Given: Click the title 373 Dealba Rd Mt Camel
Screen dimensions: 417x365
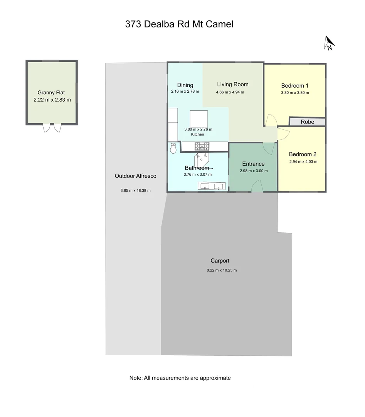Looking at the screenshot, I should coord(179,24).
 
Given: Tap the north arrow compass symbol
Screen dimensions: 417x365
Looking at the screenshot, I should coord(329,43).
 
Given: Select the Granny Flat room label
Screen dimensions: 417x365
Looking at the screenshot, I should coord(51,92).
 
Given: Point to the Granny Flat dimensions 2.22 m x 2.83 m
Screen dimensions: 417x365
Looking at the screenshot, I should coord(52,100).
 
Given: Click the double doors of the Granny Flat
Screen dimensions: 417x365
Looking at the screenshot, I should coord(52,128).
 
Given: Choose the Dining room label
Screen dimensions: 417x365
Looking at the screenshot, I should coord(185,85).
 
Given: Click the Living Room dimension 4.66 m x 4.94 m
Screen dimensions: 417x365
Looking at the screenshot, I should coord(230,92).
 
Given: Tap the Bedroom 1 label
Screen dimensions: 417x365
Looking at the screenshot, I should coord(295,86).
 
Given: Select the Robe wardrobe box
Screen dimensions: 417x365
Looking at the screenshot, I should coord(308,122).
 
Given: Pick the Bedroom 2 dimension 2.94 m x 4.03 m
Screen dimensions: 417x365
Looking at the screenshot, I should coord(303,162).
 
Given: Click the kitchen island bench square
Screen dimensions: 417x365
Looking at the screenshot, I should coord(199,119).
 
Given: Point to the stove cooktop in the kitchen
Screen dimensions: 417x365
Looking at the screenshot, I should coord(202,146).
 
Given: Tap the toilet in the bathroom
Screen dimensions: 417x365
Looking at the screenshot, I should coord(173,148).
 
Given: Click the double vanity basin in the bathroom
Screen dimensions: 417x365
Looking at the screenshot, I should coord(211,186).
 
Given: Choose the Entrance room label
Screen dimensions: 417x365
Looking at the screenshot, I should coord(253,164).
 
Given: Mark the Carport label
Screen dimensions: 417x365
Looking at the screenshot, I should coord(220,261).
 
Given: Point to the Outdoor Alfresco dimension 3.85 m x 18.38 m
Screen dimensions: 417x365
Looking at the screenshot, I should coord(135,190).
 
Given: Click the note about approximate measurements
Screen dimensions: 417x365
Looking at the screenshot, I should coord(180,378).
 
